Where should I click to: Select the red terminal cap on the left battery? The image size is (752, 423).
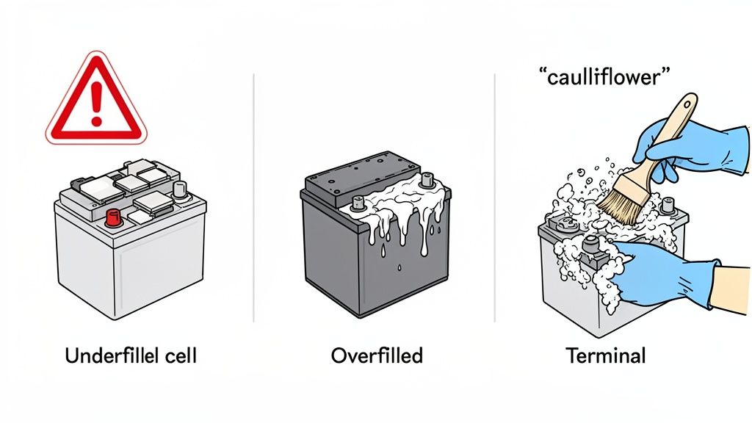click(x=113, y=217)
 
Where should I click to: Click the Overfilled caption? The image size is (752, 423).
click(x=377, y=356)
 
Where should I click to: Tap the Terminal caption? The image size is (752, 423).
click(x=606, y=356)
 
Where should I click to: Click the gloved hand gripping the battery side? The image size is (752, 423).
click(x=654, y=272)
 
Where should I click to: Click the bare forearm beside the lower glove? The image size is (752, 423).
click(x=730, y=290)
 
